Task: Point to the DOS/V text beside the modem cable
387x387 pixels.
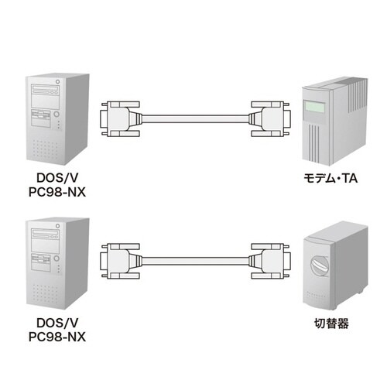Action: (56, 179)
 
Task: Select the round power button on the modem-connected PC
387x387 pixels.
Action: (57, 115)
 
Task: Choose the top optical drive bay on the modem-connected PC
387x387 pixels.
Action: (45, 90)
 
